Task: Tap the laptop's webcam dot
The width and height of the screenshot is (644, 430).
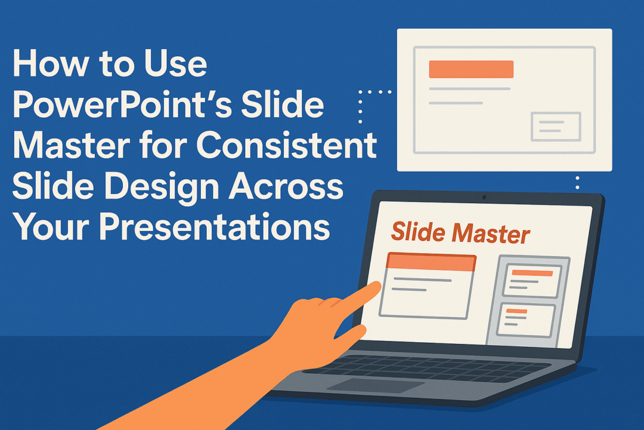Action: [x=484, y=197]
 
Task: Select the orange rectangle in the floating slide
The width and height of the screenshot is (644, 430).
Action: [x=471, y=69]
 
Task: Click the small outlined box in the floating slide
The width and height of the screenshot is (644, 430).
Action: [x=555, y=127]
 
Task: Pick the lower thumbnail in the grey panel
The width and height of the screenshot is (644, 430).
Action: [x=527, y=320]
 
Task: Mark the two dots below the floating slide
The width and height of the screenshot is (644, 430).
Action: [x=577, y=182]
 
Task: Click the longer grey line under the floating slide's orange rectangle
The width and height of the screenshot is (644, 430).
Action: [x=470, y=89]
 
